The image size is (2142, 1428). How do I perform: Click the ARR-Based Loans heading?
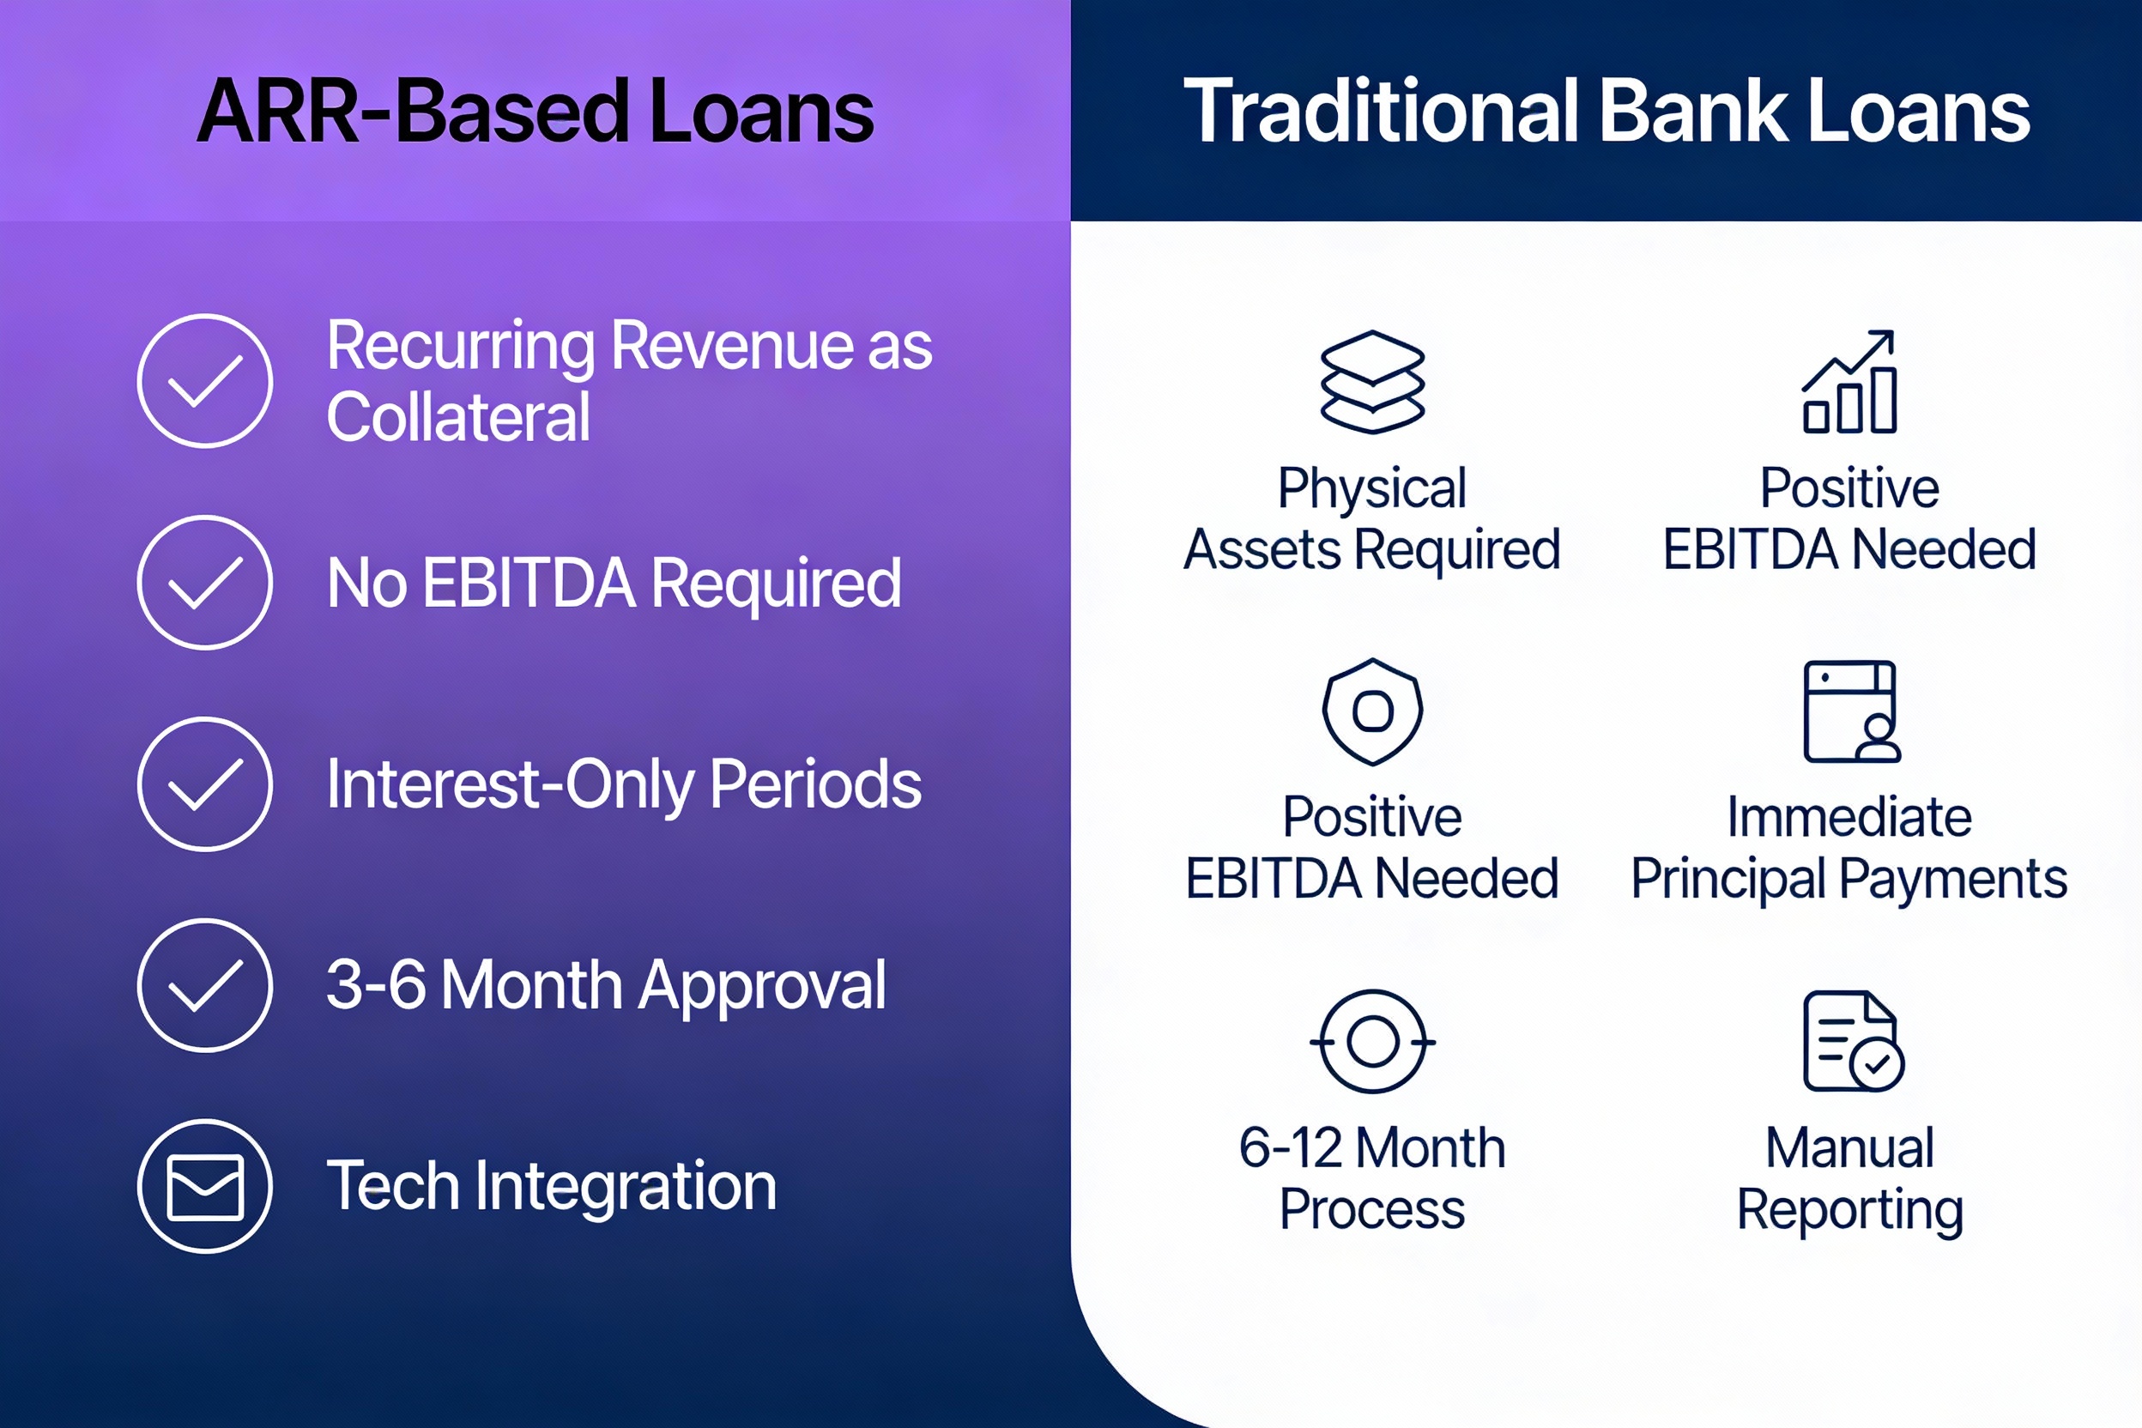click(x=535, y=111)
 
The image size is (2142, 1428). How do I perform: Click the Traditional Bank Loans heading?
click(x=1606, y=111)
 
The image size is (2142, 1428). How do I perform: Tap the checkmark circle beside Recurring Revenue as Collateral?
click(x=205, y=381)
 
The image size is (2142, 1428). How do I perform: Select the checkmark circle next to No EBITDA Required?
click(x=205, y=583)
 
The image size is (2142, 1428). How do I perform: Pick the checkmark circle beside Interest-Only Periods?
click(x=205, y=784)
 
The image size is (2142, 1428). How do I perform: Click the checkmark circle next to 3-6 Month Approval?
click(x=205, y=985)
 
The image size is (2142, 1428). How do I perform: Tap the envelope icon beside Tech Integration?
click(x=205, y=1187)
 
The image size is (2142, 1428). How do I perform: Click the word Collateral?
click(x=458, y=418)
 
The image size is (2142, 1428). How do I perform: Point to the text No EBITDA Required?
click(x=614, y=584)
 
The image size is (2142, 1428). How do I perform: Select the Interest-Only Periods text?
click(x=624, y=785)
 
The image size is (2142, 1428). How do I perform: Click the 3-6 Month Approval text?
click(x=606, y=985)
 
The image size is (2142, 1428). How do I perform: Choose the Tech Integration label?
click(x=551, y=1187)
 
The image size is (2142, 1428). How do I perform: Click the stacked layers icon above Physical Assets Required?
click(x=1372, y=382)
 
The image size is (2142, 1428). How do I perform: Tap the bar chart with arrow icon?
click(x=1849, y=382)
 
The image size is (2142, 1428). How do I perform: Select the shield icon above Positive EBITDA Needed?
click(x=1372, y=711)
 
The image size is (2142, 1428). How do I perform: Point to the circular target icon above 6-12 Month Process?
click(x=1372, y=1041)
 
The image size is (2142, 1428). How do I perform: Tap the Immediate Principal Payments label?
click(x=1849, y=848)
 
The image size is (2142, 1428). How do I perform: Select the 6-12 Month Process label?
click(x=1372, y=1177)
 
